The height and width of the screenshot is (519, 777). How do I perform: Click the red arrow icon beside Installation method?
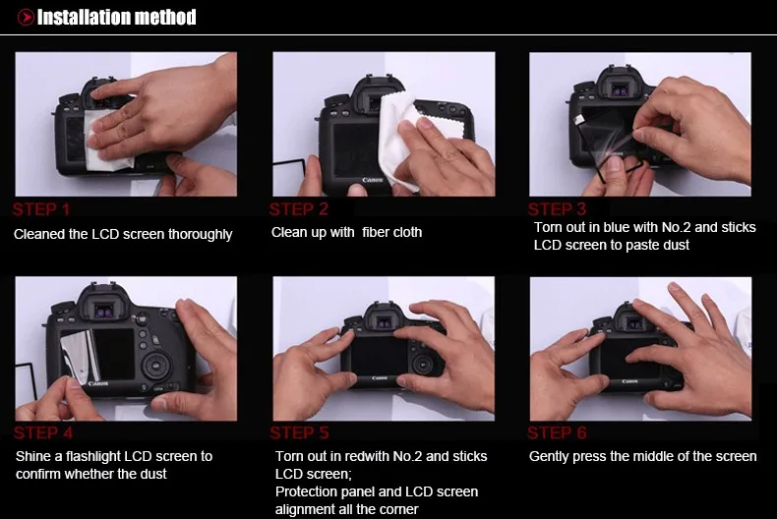(26, 18)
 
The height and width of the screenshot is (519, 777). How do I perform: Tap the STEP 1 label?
(41, 209)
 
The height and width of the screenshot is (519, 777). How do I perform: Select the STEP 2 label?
(299, 209)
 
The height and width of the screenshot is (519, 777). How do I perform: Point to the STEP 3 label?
(557, 209)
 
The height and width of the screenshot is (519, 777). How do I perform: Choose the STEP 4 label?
(43, 432)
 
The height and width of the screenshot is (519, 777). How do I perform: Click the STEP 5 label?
(300, 432)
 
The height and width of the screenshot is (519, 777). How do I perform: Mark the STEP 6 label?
(557, 432)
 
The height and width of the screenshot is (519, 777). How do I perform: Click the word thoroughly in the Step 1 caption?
(200, 234)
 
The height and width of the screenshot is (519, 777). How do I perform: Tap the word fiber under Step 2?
(375, 232)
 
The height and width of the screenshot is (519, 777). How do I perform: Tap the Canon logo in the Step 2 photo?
(373, 180)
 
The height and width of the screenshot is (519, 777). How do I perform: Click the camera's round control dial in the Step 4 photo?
(157, 366)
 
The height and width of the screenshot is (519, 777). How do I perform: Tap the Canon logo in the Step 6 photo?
(629, 381)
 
